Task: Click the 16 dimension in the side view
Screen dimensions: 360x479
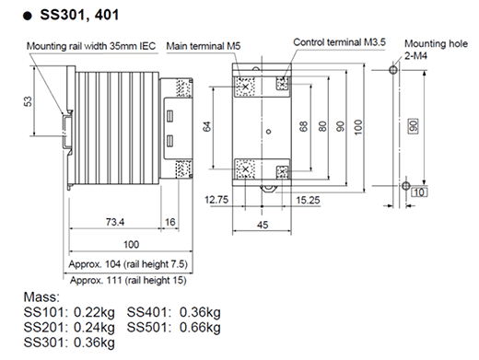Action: point(170,223)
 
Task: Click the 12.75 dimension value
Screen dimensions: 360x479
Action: point(216,198)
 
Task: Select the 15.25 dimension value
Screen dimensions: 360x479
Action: point(309,198)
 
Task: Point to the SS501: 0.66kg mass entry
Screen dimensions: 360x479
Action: point(174,327)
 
